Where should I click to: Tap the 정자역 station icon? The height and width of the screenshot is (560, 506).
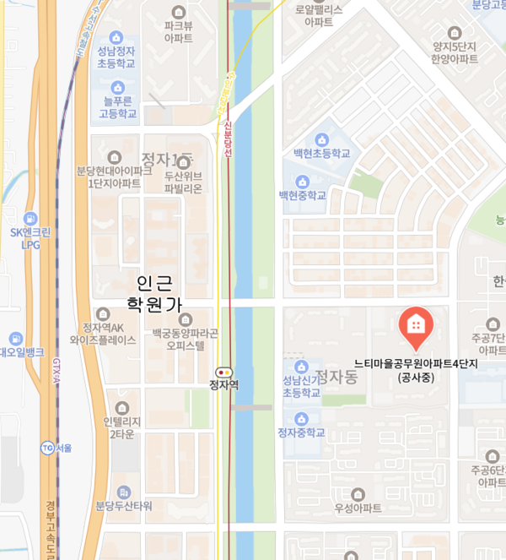pyautogui.click(x=224, y=372)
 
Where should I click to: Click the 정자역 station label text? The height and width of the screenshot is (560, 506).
pyautogui.click(x=224, y=385)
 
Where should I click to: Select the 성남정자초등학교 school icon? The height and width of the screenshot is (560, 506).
pyautogui.click(x=118, y=41)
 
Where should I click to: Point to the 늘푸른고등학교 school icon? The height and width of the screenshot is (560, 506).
pyautogui.click(x=118, y=87)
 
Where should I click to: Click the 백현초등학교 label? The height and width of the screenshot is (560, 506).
pyautogui.click(x=321, y=154)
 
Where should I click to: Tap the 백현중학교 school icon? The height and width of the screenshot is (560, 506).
pyautogui.click(x=303, y=181)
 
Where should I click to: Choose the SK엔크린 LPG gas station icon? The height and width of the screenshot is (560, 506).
pyautogui.click(x=31, y=218)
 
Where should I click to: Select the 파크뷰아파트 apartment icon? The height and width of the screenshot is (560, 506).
pyautogui.click(x=179, y=12)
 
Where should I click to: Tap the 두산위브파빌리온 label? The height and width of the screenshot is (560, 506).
pyautogui.click(x=183, y=182)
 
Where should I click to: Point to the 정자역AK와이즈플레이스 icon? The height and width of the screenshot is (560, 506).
pyautogui.click(x=103, y=313)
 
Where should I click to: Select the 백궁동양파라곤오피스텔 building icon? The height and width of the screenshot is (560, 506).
pyautogui.click(x=186, y=319)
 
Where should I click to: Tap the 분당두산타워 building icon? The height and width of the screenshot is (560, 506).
pyautogui.click(x=124, y=492)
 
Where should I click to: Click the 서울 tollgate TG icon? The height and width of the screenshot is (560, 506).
pyautogui.click(x=46, y=448)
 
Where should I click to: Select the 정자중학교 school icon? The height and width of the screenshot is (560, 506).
pyautogui.click(x=302, y=418)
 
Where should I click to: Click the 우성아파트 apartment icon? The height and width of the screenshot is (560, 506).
pyautogui.click(x=358, y=493)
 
